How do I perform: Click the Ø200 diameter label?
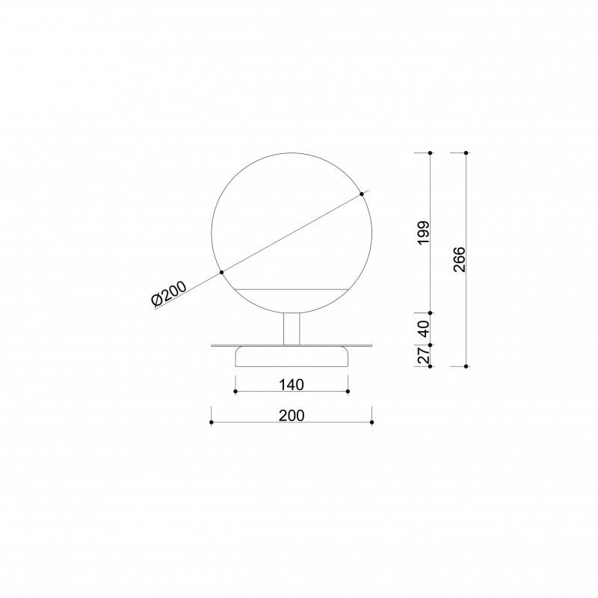tap(169, 293)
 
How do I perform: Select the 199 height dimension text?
tap(424, 233)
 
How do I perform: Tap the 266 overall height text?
tap(460, 259)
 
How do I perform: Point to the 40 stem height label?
tap(424, 329)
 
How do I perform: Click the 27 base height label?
tap(424, 356)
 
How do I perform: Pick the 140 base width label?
tap(292, 385)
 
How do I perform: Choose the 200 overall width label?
tap(292, 416)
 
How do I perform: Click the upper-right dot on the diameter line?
tap(362, 194)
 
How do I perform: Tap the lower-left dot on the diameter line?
tap(221, 272)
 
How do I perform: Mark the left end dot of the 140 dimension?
tap(235, 392)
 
